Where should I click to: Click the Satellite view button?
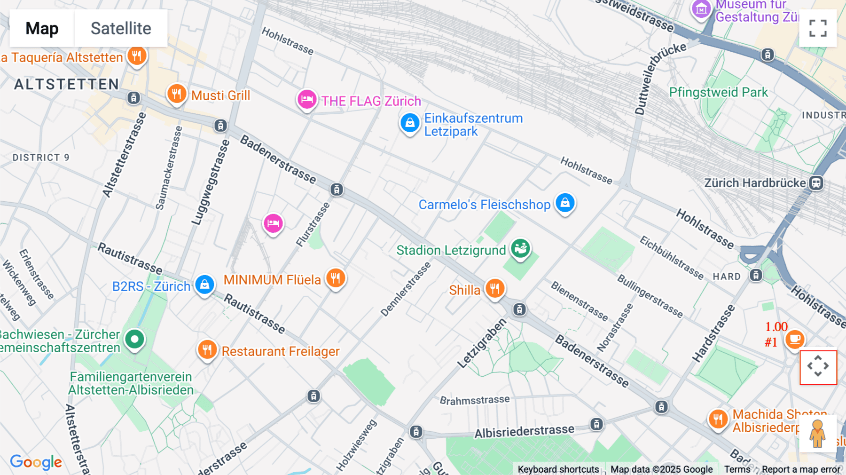[x=121, y=29]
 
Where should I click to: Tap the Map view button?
[x=42, y=29]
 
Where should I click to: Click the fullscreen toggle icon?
[x=818, y=28]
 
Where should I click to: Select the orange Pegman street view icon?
[x=817, y=434]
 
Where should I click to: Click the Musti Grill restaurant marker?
[x=177, y=94]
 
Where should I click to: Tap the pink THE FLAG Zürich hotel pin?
[x=306, y=99]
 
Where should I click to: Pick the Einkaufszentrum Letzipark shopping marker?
[x=409, y=123]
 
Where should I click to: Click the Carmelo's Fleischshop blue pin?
[x=565, y=203]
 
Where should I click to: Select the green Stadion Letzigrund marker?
[x=520, y=248]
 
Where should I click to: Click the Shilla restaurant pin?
[x=494, y=288]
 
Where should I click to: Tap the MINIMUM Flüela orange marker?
[x=336, y=278]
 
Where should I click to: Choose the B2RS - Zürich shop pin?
[x=204, y=285]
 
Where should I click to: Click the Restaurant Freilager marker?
[x=207, y=350]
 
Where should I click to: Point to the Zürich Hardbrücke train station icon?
[x=816, y=183]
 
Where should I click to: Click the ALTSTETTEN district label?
[x=66, y=85]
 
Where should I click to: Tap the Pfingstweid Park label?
[x=718, y=92]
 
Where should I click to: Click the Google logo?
[x=36, y=462]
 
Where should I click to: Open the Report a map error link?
[x=800, y=469]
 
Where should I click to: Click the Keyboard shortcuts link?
[x=558, y=469]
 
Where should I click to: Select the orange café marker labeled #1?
[x=794, y=339]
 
